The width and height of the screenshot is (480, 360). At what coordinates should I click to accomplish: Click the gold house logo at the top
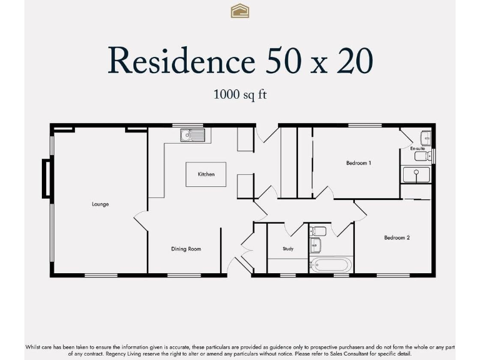click(x=240, y=11)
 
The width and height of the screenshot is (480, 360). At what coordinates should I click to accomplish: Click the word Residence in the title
click(x=181, y=61)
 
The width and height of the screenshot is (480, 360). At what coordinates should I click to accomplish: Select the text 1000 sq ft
click(x=240, y=95)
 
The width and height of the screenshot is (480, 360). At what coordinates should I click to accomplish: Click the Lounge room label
click(x=100, y=204)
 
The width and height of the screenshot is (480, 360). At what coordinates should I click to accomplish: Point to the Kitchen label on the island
click(x=206, y=174)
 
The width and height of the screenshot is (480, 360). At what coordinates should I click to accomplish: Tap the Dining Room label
click(x=186, y=249)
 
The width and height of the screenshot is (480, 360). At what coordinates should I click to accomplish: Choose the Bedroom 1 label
click(x=359, y=163)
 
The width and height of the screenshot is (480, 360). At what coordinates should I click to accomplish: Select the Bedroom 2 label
click(x=397, y=237)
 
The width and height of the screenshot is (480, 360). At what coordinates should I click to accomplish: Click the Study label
click(x=288, y=249)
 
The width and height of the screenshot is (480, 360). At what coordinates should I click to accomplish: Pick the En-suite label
click(x=417, y=149)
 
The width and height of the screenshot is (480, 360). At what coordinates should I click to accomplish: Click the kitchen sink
click(x=192, y=135)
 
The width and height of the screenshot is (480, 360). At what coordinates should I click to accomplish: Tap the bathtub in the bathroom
click(x=331, y=264)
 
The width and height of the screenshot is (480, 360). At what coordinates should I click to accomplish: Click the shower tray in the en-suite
click(x=416, y=175)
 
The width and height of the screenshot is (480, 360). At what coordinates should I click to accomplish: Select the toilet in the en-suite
click(x=422, y=156)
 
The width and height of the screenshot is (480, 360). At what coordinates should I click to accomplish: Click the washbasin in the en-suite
click(x=425, y=138)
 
